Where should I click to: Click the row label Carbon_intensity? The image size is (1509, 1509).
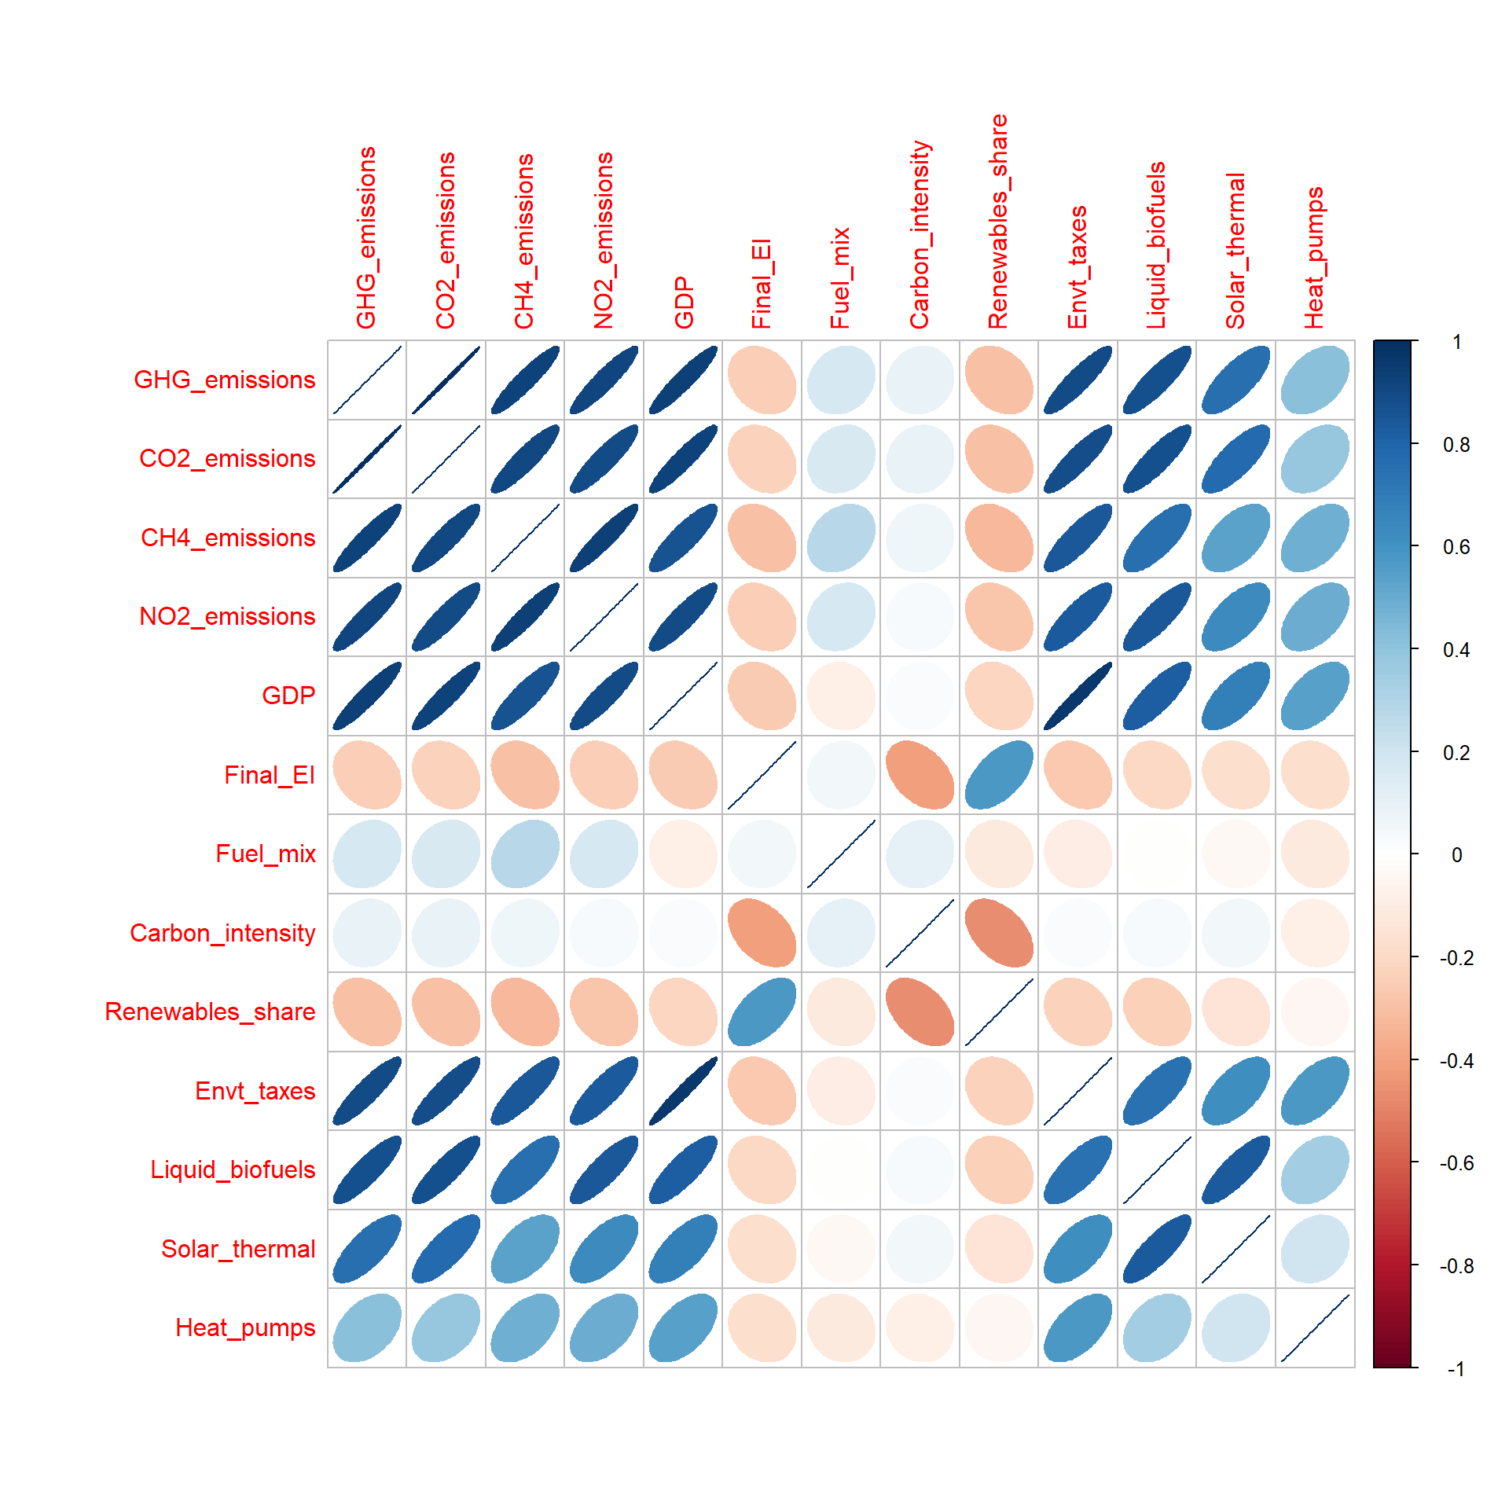(222, 933)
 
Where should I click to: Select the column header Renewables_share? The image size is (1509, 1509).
(998, 222)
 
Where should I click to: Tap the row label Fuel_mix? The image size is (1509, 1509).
(266, 854)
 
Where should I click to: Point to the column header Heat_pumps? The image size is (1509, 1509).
(1314, 258)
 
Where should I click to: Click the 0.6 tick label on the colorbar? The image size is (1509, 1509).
(1456, 547)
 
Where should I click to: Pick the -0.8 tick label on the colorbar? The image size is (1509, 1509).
(1456, 1266)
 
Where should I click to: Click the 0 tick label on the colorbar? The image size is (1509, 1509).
(1456, 855)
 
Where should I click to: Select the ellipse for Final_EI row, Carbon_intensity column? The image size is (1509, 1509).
(920, 775)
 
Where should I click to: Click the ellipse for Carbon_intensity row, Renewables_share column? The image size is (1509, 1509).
(999, 933)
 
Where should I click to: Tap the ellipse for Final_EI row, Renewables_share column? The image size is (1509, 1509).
(999, 775)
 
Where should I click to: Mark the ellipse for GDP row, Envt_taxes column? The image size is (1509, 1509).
(1078, 696)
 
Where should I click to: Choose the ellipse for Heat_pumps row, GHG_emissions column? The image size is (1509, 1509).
(367, 1327)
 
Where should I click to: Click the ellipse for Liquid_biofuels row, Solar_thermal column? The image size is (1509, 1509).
(1235, 1169)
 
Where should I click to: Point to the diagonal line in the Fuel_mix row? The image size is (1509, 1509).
(841, 854)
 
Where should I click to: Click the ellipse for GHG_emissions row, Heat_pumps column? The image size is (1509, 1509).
(1315, 380)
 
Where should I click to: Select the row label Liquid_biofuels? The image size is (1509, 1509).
(233, 1169)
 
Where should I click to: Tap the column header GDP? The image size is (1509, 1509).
(684, 303)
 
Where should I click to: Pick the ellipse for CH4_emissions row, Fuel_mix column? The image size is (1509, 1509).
(841, 538)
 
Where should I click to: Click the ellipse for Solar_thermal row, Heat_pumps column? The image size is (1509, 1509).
(1315, 1248)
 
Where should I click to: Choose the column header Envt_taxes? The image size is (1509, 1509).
(1078, 267)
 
